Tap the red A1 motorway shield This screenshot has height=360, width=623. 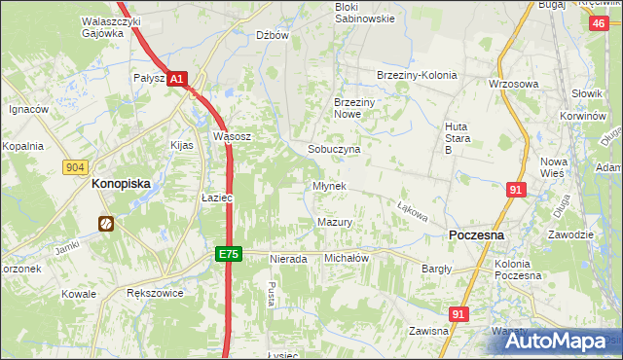point(175,80)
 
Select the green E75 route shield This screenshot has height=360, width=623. point(227,254)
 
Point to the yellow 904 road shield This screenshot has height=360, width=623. point(76,167)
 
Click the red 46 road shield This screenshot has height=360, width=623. point(598,23)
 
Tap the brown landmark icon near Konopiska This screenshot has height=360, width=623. point(105,225)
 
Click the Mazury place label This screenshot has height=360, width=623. point(334,222)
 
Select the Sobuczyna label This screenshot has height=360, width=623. point(334,150)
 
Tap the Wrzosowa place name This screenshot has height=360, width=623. point(514,84)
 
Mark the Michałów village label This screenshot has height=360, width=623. point(346,258)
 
